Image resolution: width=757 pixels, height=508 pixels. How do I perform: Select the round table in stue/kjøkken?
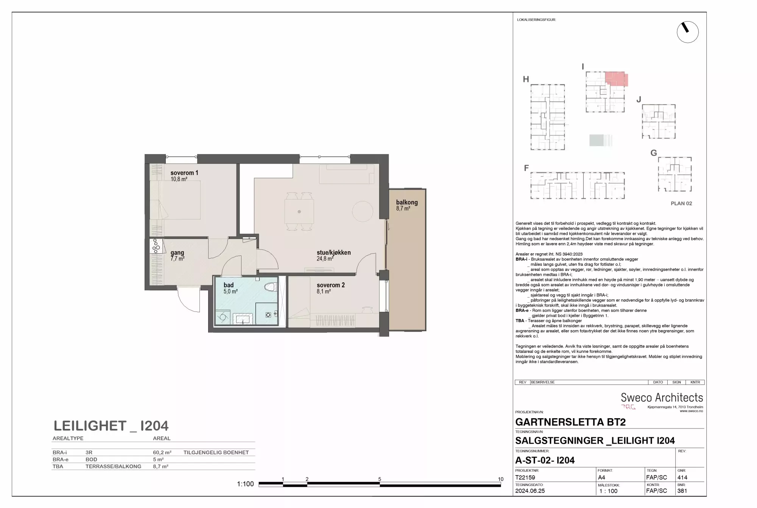click(363, 211)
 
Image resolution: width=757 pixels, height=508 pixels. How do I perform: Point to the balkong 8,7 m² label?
click(407, 205)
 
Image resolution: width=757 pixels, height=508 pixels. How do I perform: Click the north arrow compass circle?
click(688, 32)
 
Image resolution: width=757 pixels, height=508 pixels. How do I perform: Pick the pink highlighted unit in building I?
click(616, 79)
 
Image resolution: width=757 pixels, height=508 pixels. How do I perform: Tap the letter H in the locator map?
click(526, 79)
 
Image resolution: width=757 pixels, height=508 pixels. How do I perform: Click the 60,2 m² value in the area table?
click(162, 452)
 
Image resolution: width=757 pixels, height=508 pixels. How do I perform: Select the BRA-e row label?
click(61, 460)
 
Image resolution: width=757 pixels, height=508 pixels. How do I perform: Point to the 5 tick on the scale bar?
click(380, 479)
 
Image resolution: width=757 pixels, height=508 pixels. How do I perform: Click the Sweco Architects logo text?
click(662, 397)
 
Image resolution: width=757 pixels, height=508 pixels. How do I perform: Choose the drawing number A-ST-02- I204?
click(545, 460)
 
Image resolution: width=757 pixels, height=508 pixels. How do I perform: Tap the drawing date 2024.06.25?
click(530, 491)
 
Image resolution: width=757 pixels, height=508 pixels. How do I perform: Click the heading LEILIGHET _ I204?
click(111, 426)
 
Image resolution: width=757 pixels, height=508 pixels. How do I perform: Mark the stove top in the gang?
click(156, 246)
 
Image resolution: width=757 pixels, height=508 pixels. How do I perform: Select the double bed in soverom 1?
click(175, 200)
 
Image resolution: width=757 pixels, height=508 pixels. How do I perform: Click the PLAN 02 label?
click(681, 203)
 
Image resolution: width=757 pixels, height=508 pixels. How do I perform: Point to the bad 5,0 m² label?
click(231, 288)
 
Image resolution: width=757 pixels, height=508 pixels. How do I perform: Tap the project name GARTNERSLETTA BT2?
click(570, 422)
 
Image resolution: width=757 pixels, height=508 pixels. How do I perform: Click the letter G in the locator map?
click(654, 153)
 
